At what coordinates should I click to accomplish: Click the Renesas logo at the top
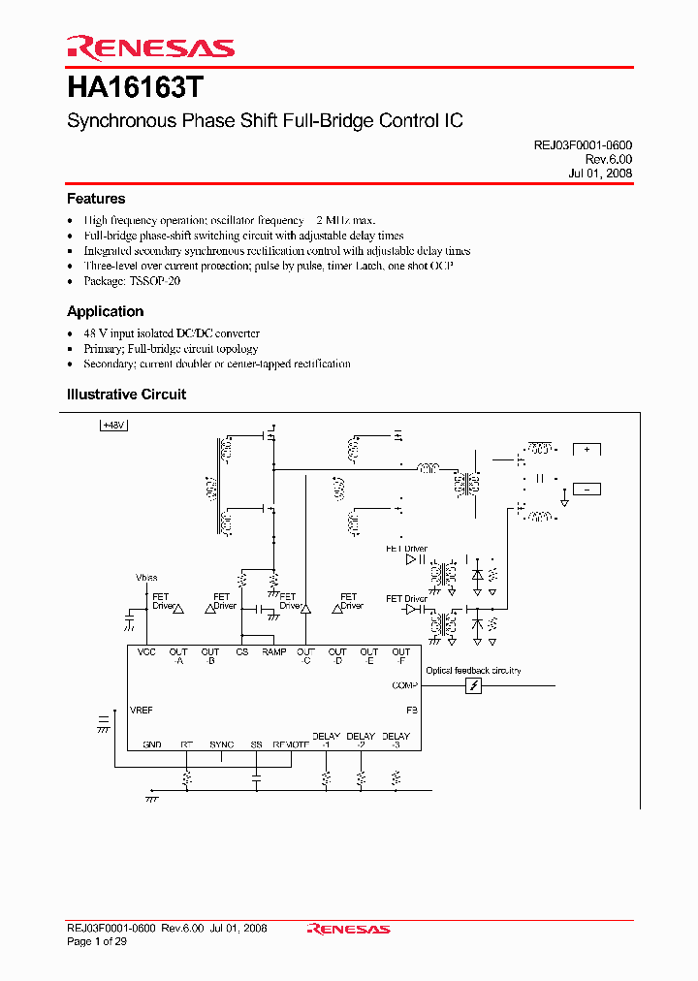click(150, 47)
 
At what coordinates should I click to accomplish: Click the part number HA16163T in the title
click(136, 88)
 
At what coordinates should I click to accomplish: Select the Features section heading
click(96, 199)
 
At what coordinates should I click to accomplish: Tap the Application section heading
click(105, 311)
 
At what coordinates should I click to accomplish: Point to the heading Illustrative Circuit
click(126, 395)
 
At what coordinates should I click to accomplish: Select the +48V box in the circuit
click(115, 425)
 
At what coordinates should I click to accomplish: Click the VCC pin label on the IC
click(146, 652)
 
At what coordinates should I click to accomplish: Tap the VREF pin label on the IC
click(142, 711)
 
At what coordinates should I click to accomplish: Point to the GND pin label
click(152, 744)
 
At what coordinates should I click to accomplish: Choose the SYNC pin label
click(221, 744)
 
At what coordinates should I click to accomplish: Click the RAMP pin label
click(274, 652)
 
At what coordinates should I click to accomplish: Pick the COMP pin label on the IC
click(404, 685)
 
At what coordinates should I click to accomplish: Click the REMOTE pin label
click(291, 744)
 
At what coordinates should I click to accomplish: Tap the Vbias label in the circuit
click(146, 578)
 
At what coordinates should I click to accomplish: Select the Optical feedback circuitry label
click(473, 671)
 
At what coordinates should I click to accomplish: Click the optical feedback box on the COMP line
click(473, 686)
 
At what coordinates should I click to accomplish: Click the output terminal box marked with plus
click(587, 449)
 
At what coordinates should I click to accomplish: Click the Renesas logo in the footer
click(348, 929)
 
